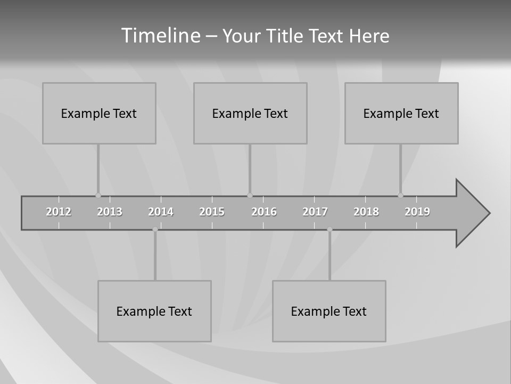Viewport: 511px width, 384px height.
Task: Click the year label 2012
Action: [59, 212]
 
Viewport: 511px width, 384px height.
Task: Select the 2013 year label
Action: [110, 212]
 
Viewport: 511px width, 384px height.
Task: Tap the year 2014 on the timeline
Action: [161, 212]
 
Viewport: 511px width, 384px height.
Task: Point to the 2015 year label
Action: [212, 212]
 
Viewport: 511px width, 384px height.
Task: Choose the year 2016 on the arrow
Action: [264, 212]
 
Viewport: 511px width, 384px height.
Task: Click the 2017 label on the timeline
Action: [315, 212]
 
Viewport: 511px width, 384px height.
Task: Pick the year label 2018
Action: [366, 212]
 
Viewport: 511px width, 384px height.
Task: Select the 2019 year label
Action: [417, 212]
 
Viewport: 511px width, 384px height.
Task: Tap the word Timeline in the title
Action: [160, 36]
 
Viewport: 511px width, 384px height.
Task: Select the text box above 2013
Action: [99, 113]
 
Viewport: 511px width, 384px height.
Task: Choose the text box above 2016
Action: [250, 113]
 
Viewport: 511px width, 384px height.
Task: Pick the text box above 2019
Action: [401, 113]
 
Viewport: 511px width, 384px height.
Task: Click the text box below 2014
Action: [154, 311]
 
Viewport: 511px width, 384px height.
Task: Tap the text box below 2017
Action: [329, 311]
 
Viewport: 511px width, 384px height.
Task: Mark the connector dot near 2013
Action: [98, 195]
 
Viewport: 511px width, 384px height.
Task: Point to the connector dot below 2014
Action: [155, 229]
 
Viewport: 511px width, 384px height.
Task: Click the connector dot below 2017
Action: [329, 229]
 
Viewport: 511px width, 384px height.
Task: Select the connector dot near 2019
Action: [400, 195]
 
